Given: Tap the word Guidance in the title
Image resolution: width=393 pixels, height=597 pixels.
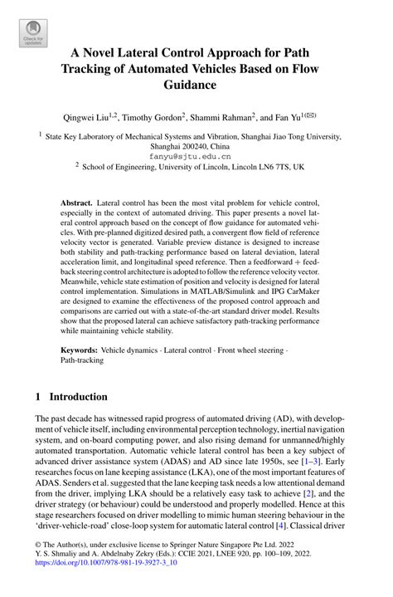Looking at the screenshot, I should [x=196, y=85].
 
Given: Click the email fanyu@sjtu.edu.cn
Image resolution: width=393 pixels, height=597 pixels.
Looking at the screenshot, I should [x=196, y=155].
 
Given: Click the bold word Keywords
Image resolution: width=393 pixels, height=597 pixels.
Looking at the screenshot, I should [x=82, y=350].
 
